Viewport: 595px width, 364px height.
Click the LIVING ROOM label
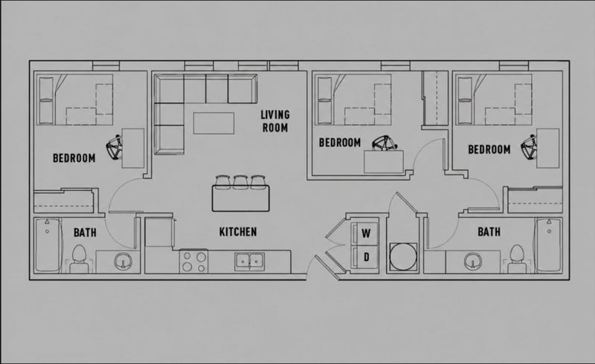click(x=275, y=121)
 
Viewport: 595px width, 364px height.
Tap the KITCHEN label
click(x=238, y=232)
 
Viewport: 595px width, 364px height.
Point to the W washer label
click(x=366, y=233)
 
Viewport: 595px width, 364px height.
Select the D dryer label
click(x=366, y=258)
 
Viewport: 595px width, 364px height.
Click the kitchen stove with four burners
click(x=194, y=261)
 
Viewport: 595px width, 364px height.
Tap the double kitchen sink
click(x=249, y=261)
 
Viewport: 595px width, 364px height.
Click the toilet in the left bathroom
click(x=80, y=258)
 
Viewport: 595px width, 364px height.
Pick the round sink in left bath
click(x=123, y=261)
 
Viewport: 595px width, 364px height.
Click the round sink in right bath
click(x=473, y=261)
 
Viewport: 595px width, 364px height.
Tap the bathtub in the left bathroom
click(x=48, y=245)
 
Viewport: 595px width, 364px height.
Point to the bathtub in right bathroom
click(x=548, y=245)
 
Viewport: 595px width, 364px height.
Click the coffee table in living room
click(x=213, y=123)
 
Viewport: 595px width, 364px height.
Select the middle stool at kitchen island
click(x=240, y=182)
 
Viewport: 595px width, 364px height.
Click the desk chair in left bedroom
click(x=115, y=148)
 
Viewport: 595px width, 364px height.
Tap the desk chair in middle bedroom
click(x=385, y=143)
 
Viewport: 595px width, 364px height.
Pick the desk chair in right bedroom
click(x=529, y=148)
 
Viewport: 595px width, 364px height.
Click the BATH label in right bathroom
click(x=489, y=232)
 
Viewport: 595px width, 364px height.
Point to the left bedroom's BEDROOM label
click(x=74, y=158)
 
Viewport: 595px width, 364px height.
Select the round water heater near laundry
click(x=403, y=257)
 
